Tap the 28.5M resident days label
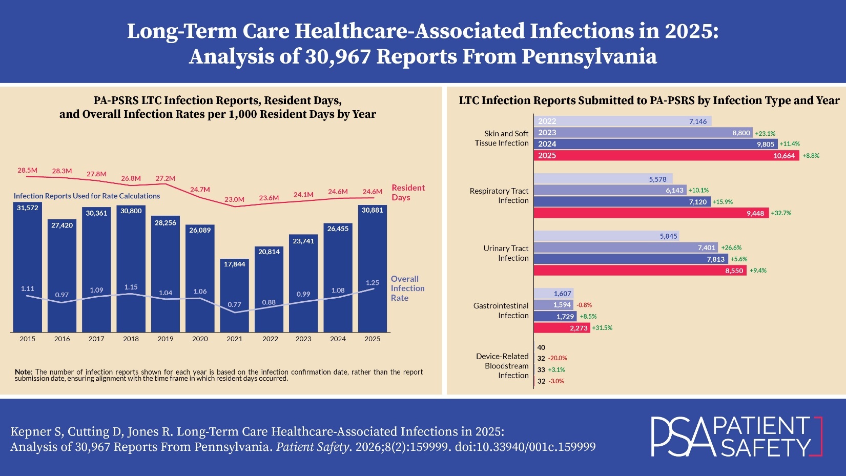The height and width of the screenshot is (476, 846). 28,170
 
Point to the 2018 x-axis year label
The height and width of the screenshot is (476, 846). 131,339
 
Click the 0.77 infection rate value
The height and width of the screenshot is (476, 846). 234,304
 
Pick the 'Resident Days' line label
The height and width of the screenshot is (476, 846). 408,193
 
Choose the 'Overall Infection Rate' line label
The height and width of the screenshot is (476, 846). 407,288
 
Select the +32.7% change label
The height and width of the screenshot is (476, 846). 781,213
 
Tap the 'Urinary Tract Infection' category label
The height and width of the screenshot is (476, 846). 505,253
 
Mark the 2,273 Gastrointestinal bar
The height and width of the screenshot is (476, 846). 562,328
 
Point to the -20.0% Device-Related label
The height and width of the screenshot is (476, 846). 558,358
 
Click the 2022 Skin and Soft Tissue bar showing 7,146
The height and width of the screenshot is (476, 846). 622,121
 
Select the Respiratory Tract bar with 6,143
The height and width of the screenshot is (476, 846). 610,190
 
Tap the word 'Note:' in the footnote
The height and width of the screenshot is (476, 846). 24,372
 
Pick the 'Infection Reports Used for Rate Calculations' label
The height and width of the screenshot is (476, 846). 87,196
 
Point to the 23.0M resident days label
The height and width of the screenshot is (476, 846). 234,199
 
